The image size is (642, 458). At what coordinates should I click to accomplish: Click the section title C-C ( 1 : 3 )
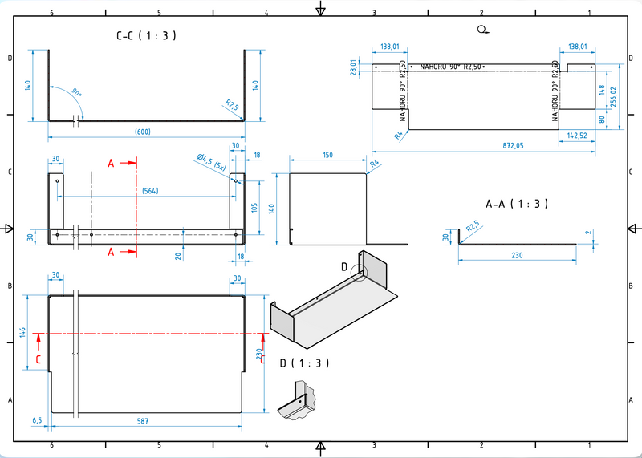pyautogui.click(x=146, y=35)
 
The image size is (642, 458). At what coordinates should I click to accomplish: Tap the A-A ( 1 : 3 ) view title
pyautogui.click(x=517, y=204)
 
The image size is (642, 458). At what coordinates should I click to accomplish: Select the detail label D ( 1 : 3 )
pyautogui.click(x=305, y=363)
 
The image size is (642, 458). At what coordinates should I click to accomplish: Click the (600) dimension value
pyautogui.click(x=143, y=132)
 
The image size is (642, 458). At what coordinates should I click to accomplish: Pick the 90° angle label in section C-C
pyautogui.click(x=76, y=93)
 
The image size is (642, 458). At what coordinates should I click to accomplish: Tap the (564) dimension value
pyautogui.click(x=148, y=191)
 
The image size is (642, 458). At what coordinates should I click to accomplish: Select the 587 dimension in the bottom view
pyautogui.click(x=142, y=420)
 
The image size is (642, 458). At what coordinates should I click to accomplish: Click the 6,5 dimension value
pyautogui.click(x=37, y=420)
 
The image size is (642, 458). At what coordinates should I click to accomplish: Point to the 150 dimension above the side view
pyautogui.click(x=327, y=155)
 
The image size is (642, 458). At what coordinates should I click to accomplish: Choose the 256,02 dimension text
pyautogui.click(x=614, y=96)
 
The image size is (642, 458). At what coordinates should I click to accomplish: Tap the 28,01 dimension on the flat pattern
pyautogui.click(x=353, y=67)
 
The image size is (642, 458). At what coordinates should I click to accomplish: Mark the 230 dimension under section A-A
pyautogui.click(x=516, y=255)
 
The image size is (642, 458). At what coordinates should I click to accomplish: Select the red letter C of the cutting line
pyautogui.click(x=39, y=359)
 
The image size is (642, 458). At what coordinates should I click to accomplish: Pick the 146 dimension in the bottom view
pyautogui.click(x=23, y=332)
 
